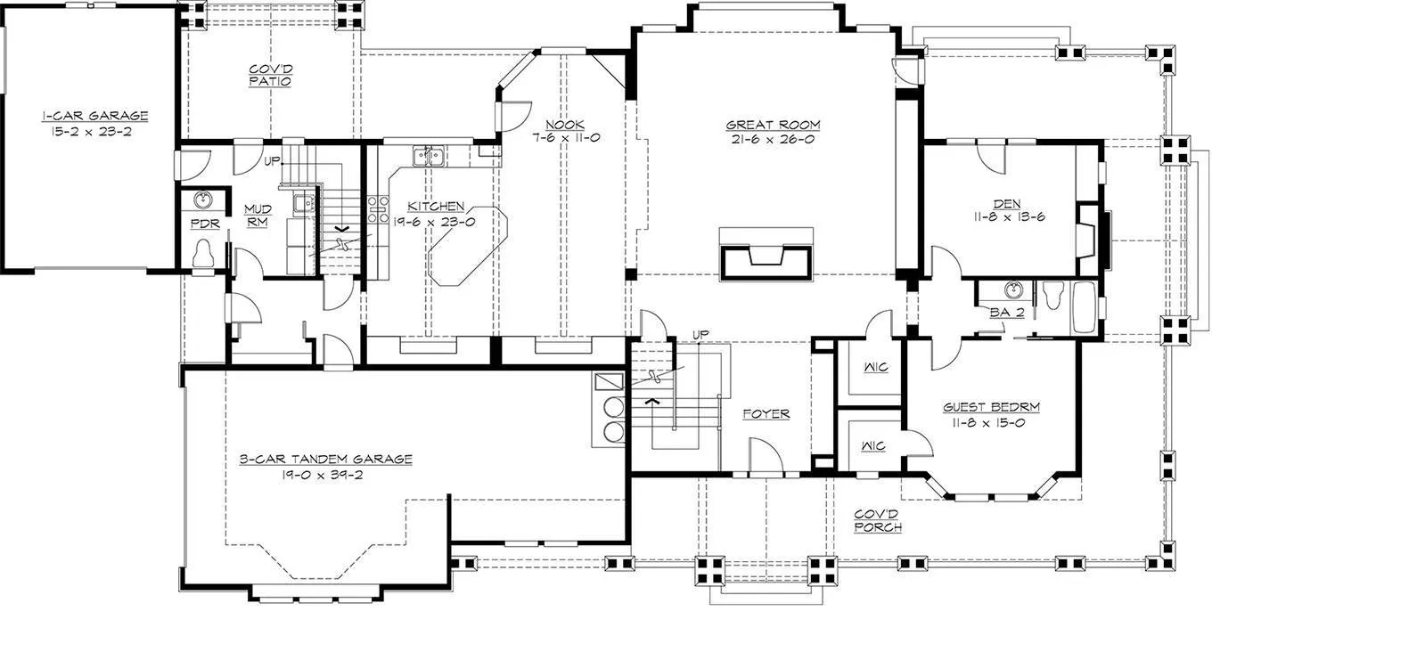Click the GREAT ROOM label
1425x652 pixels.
pyautogui.click(x=773, y=125)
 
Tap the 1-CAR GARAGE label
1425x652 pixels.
pyautogui.click(x=95, y=116)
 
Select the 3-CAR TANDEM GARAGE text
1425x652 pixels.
pyautogui.click(x=325, y=459)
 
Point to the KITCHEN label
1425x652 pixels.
pyautogui.click(x=436, y=206)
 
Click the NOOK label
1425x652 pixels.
pyautogui.click(x=565, y=125)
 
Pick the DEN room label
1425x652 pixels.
pyautogui.click(x=1007, y=204)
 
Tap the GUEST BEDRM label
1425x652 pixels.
pyautogui.click(x=991, y=407)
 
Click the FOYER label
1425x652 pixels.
pyautogui.click(x=766, y=413)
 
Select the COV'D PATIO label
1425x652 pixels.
pyautogui.click(x=270, y=75)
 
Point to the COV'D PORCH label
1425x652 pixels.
pyautogui.click(x=877, y=520)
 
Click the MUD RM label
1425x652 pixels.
pyautogui.click(x=258, y=215)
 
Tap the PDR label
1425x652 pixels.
pyautogui.click(x=205, y=224)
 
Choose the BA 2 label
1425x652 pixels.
pyautogui.click(x=1007, y=313)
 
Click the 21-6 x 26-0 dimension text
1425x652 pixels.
pyautogui.click(x=773, y=139)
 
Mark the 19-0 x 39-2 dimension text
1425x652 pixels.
pyautogui.click(x=323, y=475)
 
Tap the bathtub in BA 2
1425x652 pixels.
pyautogui.click(x=1085, y=307)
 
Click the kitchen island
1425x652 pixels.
pyautogui.click(x=468, y=246)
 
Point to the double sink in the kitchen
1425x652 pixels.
pyautogui.click(x=428, y=155)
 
